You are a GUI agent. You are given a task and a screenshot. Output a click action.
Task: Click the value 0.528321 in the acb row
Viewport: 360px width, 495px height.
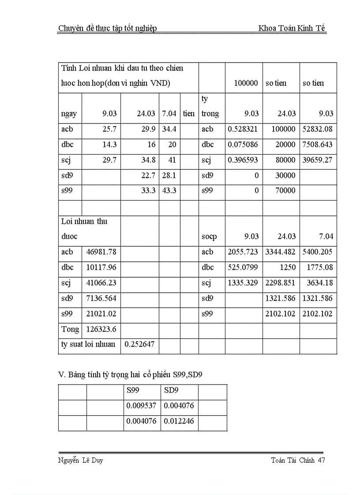pyautogui.click(x=243, y=129)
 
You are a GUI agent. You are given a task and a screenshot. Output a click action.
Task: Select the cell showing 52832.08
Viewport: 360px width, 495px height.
pyautogui.click(x=318, y=129)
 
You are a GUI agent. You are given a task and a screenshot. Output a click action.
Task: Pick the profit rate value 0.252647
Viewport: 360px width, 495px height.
pyautogui.click(x=139, y=344)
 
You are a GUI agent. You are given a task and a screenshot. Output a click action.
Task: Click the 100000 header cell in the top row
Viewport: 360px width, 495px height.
pyautogui.click(x=245, y=83)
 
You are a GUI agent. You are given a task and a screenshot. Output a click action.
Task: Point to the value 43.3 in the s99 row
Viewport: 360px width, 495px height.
pyautogui.click(x=169, y=191)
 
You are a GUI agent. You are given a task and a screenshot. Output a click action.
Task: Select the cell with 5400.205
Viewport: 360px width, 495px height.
pyautogui.click(x=318, y=252)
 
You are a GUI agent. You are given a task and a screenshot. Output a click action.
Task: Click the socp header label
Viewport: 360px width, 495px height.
pyautogui.click(x=209, y=237)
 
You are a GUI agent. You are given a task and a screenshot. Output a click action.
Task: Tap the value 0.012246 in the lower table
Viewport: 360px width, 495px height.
pyautogui.click(x=179, y=421)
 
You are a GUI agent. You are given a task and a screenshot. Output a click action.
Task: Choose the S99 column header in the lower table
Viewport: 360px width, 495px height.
pyautogui.click(x=131, y=390)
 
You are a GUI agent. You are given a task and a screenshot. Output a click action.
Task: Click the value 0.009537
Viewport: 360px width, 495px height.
pyautogui.click(x=141, y=406)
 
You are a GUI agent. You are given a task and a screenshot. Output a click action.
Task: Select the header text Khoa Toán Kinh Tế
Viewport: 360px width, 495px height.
pyautogui.click(x=292, y=29)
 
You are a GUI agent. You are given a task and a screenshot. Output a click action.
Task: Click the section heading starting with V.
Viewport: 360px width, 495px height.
pyautogui.click(x=130, y=375)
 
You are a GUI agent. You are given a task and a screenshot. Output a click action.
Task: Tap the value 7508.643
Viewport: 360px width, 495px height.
pyautogui.click(x=318, y=145)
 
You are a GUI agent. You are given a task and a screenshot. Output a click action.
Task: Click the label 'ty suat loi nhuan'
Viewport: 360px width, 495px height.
pyautogui.click(x=88, y=344)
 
